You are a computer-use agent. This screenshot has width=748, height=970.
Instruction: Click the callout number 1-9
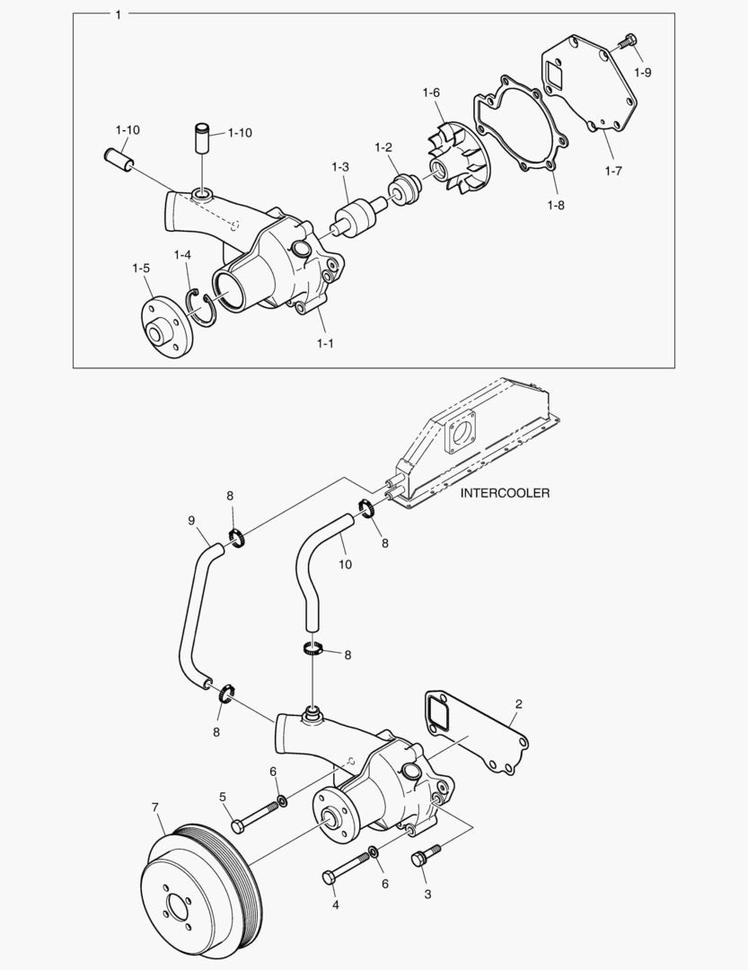point(643,72)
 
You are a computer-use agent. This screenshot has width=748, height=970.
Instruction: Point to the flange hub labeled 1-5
point(163,329)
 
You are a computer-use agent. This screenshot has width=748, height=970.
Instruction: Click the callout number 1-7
point(613,170)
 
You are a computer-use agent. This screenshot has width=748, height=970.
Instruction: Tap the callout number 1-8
point(556,205)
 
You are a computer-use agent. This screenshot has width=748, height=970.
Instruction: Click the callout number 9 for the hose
point(190,520)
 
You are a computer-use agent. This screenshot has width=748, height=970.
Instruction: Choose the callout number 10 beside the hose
point(345,564)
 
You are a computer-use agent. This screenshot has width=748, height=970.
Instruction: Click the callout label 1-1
point(324,342)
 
